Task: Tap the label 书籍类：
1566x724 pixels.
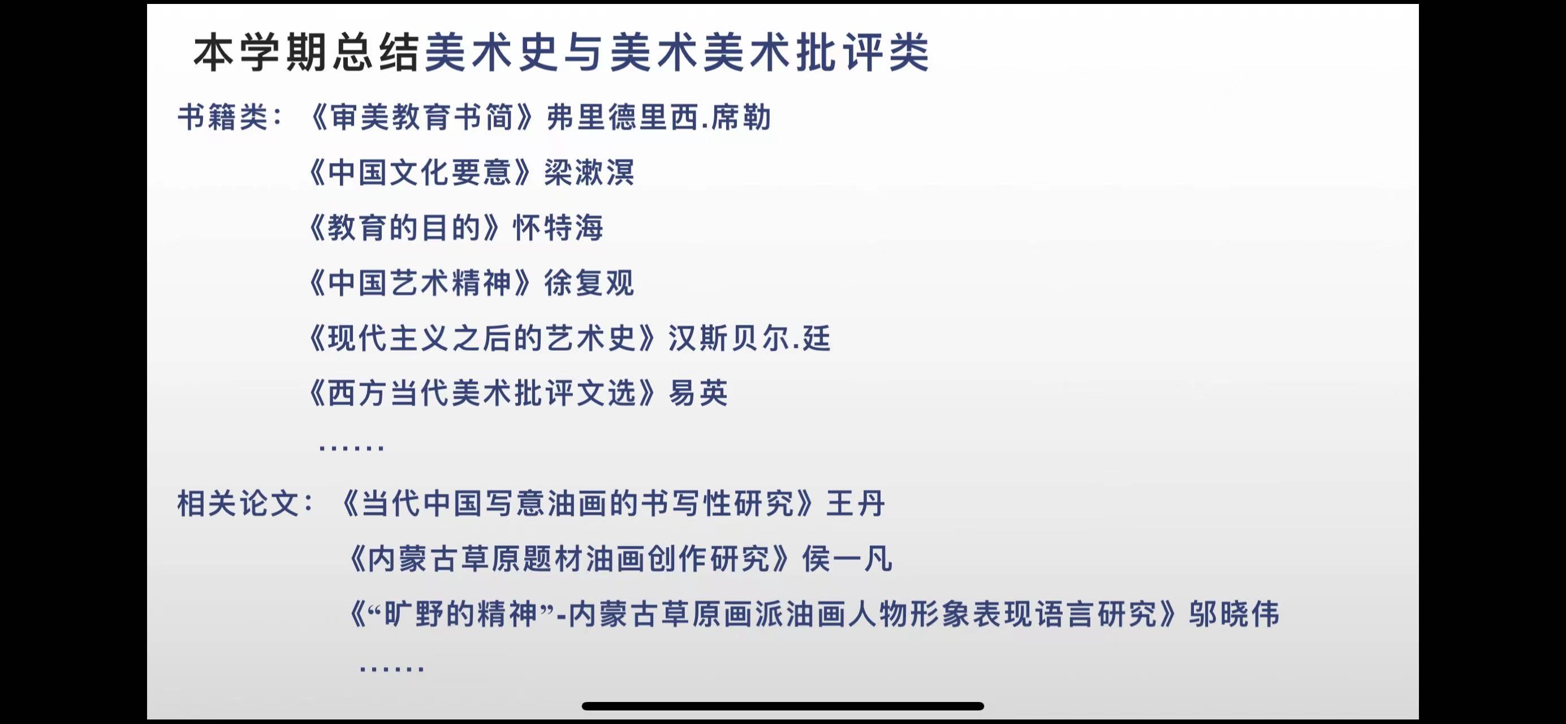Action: (231, 117)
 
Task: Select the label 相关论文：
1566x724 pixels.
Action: (246, 504)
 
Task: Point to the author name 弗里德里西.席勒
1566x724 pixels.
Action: (659, 117)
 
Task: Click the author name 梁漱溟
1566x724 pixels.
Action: (589, 173)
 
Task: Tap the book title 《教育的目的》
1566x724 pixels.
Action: (404, 228)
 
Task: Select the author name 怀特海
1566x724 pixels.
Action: (558, 228)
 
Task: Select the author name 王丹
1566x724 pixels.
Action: (855, 504)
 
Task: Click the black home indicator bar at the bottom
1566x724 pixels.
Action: (783, 706)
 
